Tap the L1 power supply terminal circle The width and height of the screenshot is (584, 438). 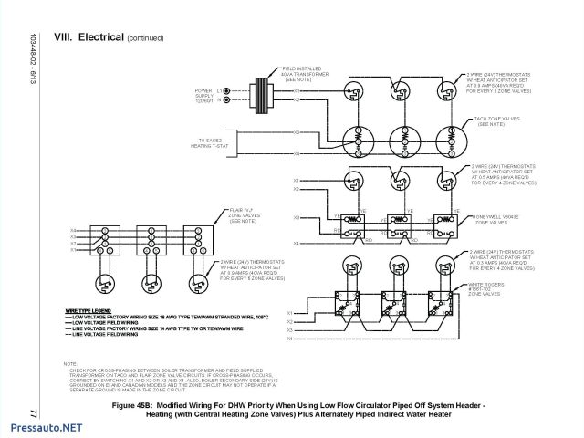click(227, 89)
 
